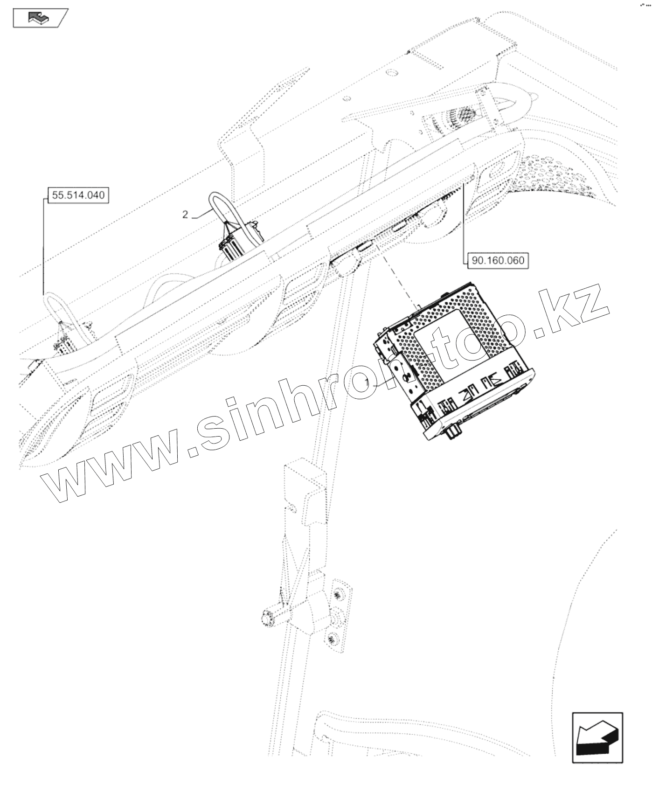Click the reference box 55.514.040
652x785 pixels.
click(78, 195)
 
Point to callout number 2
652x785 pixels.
click(185, 214)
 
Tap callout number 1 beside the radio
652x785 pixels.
click(368, 382)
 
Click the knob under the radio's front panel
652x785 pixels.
click(451, 434)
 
